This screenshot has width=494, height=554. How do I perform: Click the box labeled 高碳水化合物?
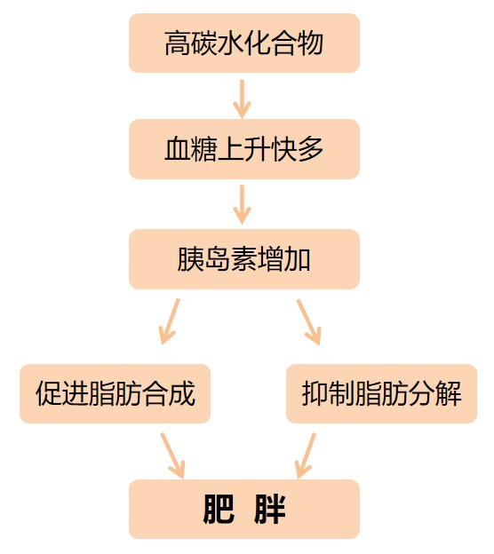click(244, 44)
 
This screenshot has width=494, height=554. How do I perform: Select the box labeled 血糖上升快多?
click(244, 149)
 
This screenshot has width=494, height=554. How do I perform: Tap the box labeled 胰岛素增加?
click(244, 259)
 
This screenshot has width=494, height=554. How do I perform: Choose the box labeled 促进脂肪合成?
click(116, 393)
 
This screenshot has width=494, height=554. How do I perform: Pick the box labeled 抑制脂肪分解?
click(381, 393)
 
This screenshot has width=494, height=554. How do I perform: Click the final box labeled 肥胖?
click(244, 509)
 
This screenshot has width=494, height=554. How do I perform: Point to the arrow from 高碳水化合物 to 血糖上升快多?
click(242, 99)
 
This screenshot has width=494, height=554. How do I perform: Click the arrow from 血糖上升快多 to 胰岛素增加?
click(242, 204)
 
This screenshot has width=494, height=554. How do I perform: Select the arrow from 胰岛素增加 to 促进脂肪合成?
click(170, 321)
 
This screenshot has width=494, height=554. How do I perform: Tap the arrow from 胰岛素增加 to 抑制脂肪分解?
click(308, 321)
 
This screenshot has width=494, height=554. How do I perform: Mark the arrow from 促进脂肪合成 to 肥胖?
click(172, 455)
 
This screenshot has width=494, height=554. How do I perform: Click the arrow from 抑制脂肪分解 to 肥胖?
click(305, 455)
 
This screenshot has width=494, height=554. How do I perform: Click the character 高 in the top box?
click(178, 44)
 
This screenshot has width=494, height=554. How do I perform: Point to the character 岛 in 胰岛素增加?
click(217, 259)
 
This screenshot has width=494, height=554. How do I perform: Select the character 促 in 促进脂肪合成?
click(49, 393)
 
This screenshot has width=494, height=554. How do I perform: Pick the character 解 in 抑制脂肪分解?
click(448, 393)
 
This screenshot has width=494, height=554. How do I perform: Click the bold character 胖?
click(269, 509)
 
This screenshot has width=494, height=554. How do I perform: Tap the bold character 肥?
click(219, 509)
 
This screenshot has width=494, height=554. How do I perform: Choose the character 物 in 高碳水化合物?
click(310, 44)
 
